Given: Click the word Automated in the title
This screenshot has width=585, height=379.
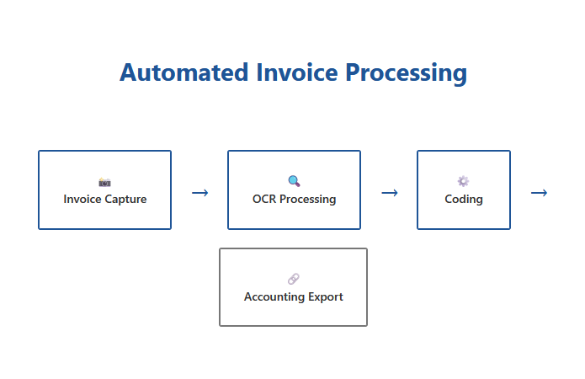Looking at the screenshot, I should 183,72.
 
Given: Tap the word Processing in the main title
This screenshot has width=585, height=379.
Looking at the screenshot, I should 406,72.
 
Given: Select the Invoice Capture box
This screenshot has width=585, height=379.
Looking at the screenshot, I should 104,189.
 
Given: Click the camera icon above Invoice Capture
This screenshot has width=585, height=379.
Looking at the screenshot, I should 104,181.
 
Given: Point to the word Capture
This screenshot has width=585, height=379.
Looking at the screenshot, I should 125,200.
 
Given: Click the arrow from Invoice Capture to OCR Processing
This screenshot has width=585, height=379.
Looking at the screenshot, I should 199,193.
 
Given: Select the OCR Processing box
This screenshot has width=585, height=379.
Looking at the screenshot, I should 294,189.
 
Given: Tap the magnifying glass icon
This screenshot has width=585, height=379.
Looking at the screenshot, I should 294,181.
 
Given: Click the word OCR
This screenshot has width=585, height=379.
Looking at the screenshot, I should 264,200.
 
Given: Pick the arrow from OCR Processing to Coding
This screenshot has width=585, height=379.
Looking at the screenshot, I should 389,193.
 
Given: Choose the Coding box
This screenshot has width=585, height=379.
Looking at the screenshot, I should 463,189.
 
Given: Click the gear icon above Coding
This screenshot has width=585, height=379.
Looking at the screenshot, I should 463,181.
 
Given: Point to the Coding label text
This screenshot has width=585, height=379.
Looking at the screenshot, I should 464,200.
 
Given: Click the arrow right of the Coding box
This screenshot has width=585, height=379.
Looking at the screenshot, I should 539,193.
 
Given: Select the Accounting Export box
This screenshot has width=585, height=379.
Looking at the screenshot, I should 293,287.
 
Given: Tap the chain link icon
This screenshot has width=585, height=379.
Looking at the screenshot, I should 293,279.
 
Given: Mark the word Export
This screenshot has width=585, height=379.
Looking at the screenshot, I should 327,297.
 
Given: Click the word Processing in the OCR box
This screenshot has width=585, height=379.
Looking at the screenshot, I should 308,200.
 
